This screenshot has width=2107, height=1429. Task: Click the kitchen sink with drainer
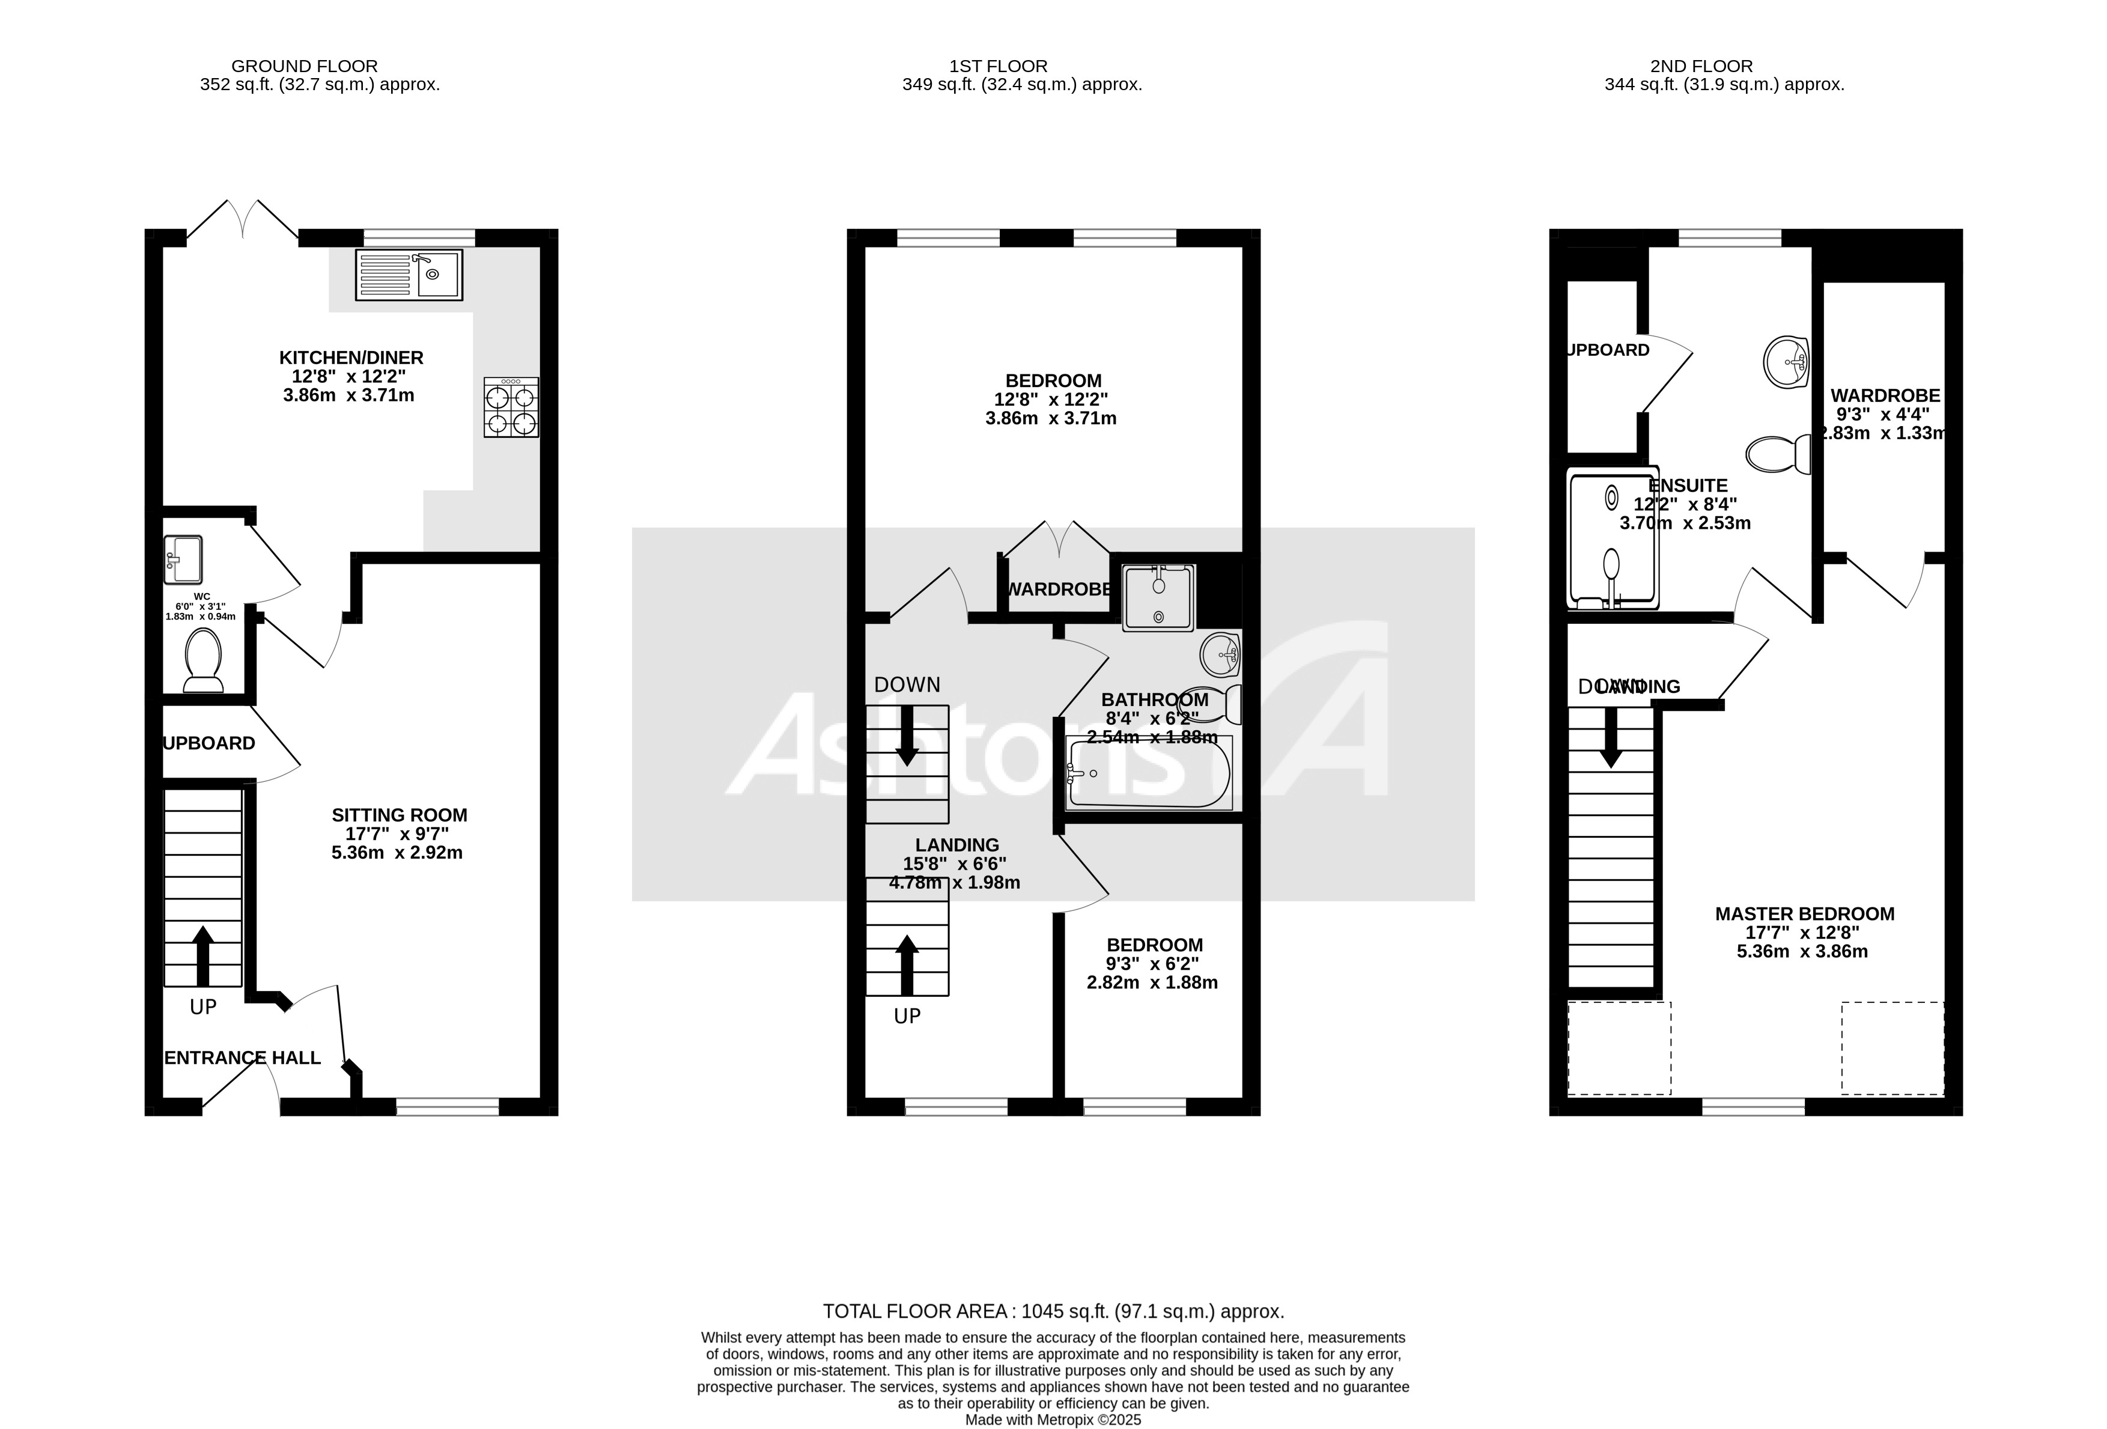pos(409,274)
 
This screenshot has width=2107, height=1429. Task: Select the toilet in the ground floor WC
pos(203,660)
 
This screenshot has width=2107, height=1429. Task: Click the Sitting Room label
pos(399,815)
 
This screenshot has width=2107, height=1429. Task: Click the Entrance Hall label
pos(242,1057)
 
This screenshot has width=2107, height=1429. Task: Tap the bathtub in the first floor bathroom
pos(1149,773)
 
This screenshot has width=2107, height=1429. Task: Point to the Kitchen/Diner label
pos(351,357)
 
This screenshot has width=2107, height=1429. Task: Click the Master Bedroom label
pos(1804,914)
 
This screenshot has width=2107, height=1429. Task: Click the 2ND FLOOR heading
pos(1701,66)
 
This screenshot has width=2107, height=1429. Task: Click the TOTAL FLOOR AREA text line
pos(1053,1311)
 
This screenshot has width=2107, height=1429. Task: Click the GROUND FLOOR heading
pos(304,66)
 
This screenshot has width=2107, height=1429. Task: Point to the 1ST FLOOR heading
pos(997,66)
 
